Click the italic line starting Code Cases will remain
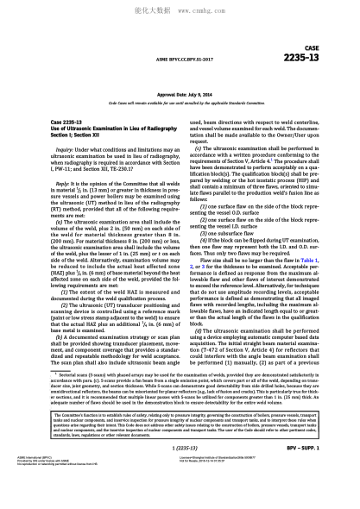[180, 103]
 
